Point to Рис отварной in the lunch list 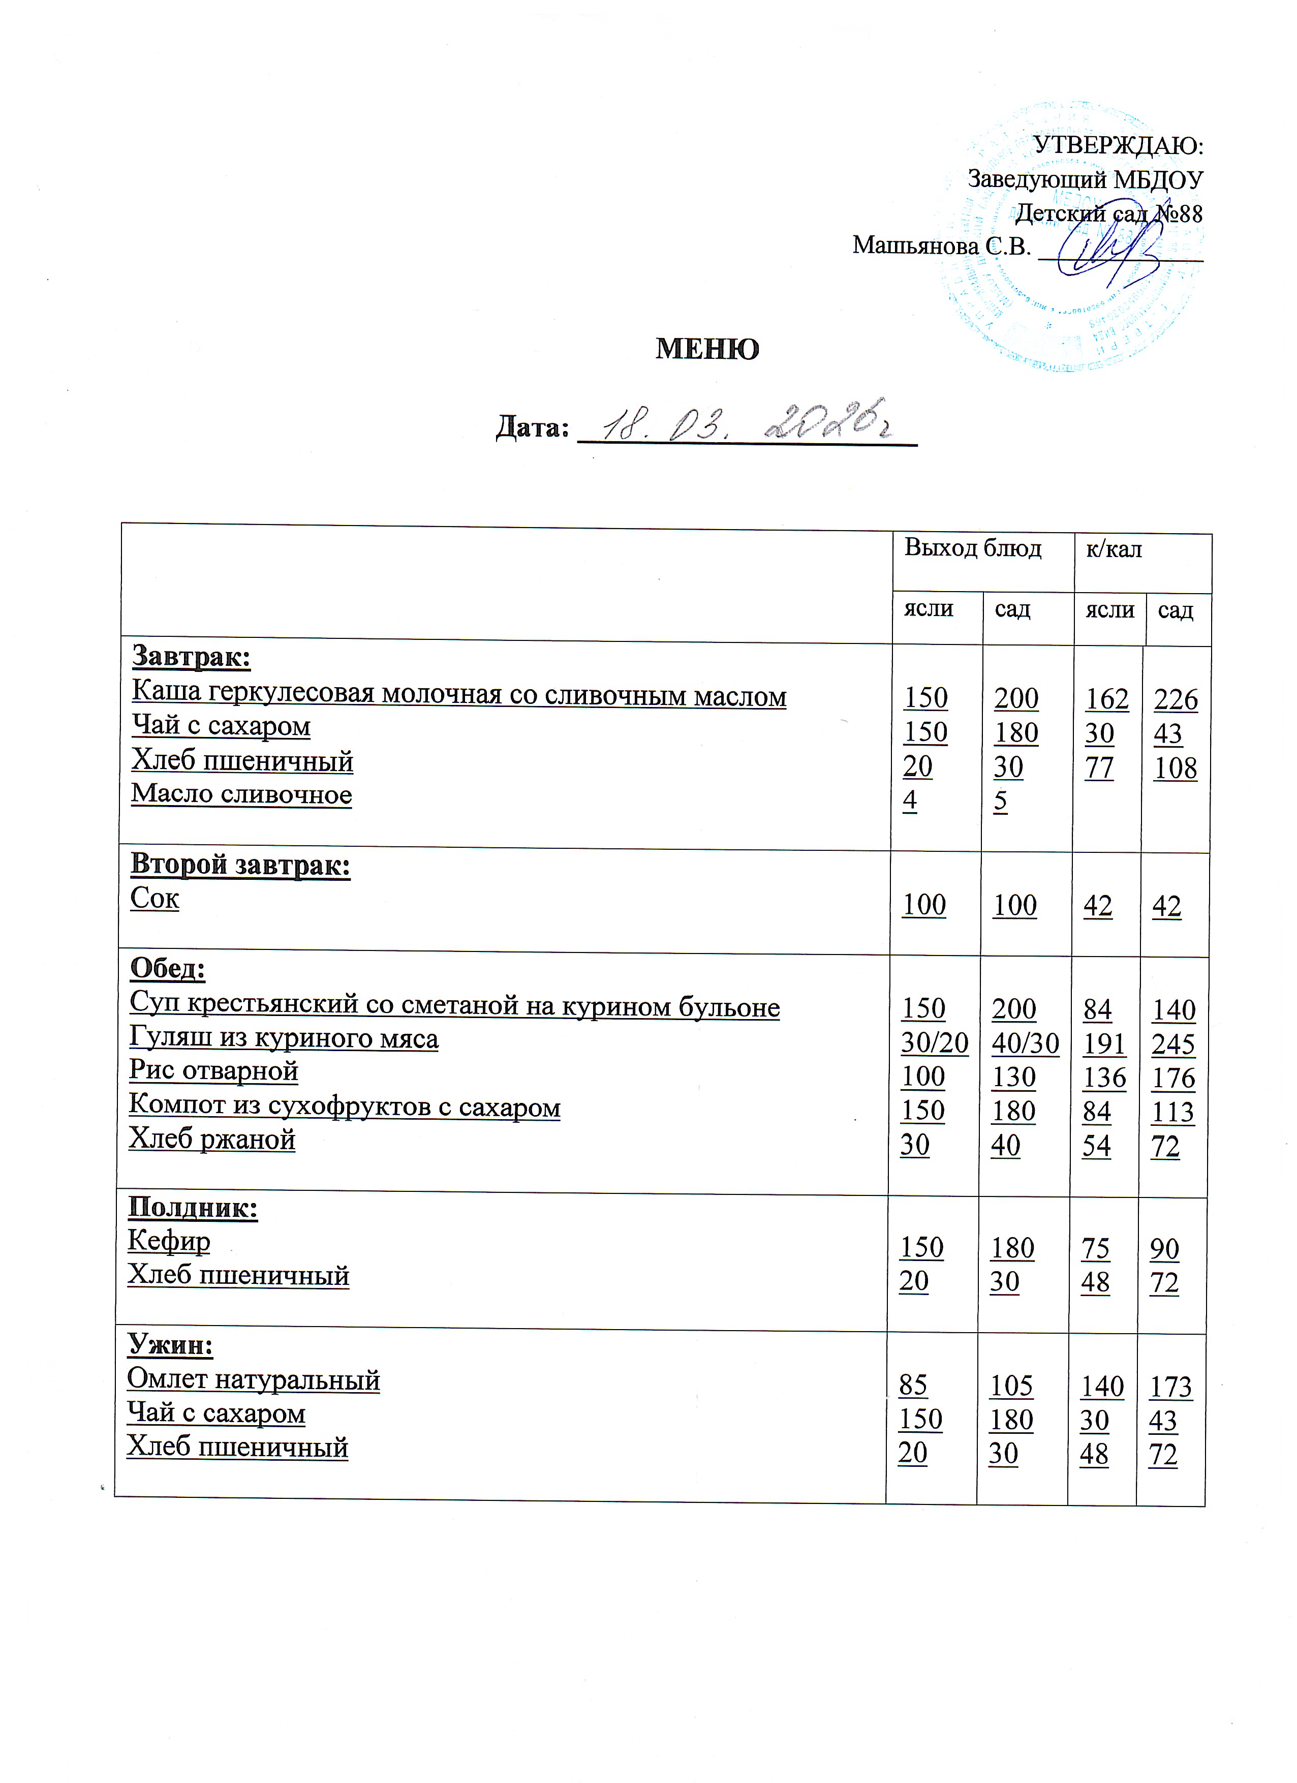[214, 1071]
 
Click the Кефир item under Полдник [169, 1241]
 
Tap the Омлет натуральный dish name [253, 1380]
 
